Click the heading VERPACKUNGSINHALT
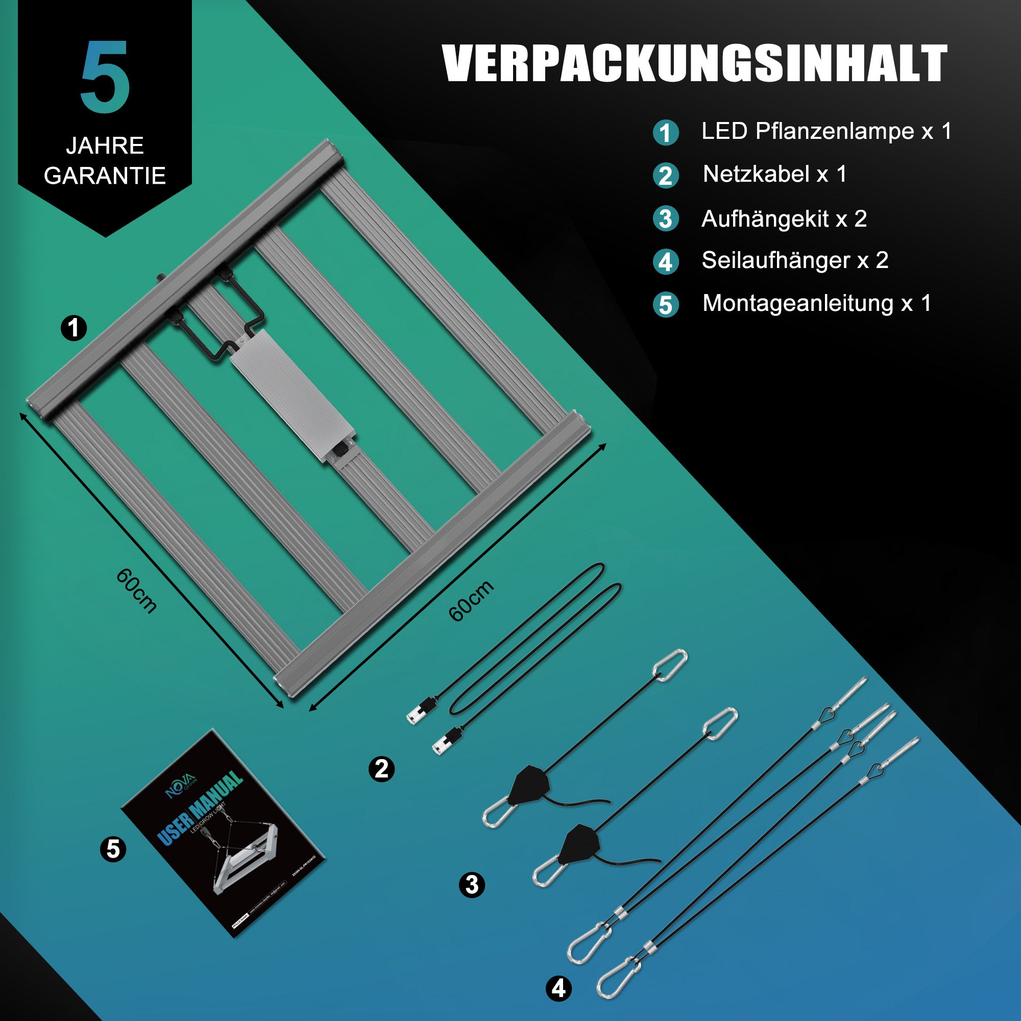click(694, 63)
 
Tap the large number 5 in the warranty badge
click(105, 77)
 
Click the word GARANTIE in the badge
click(105, 176)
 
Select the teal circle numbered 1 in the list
click(666, 133)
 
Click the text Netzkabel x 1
click(774, 174)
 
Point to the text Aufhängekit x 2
click(784, 219)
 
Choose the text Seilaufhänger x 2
click(795, 260)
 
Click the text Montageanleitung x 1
click(816, 303)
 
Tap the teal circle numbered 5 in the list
click(666, 305)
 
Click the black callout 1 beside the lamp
click(74, 328)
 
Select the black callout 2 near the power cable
click(381, 769)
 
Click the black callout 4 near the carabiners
click(558, 988)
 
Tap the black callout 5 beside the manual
click(113, 849)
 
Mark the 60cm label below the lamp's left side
click(136, 591)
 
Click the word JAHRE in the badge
click(105, 146)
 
